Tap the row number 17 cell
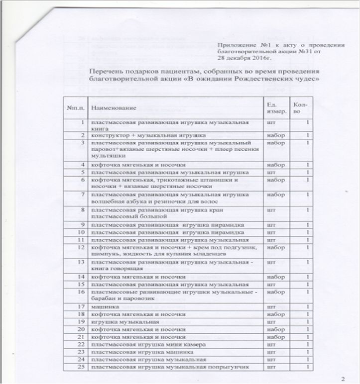81,307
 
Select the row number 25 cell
81,367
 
